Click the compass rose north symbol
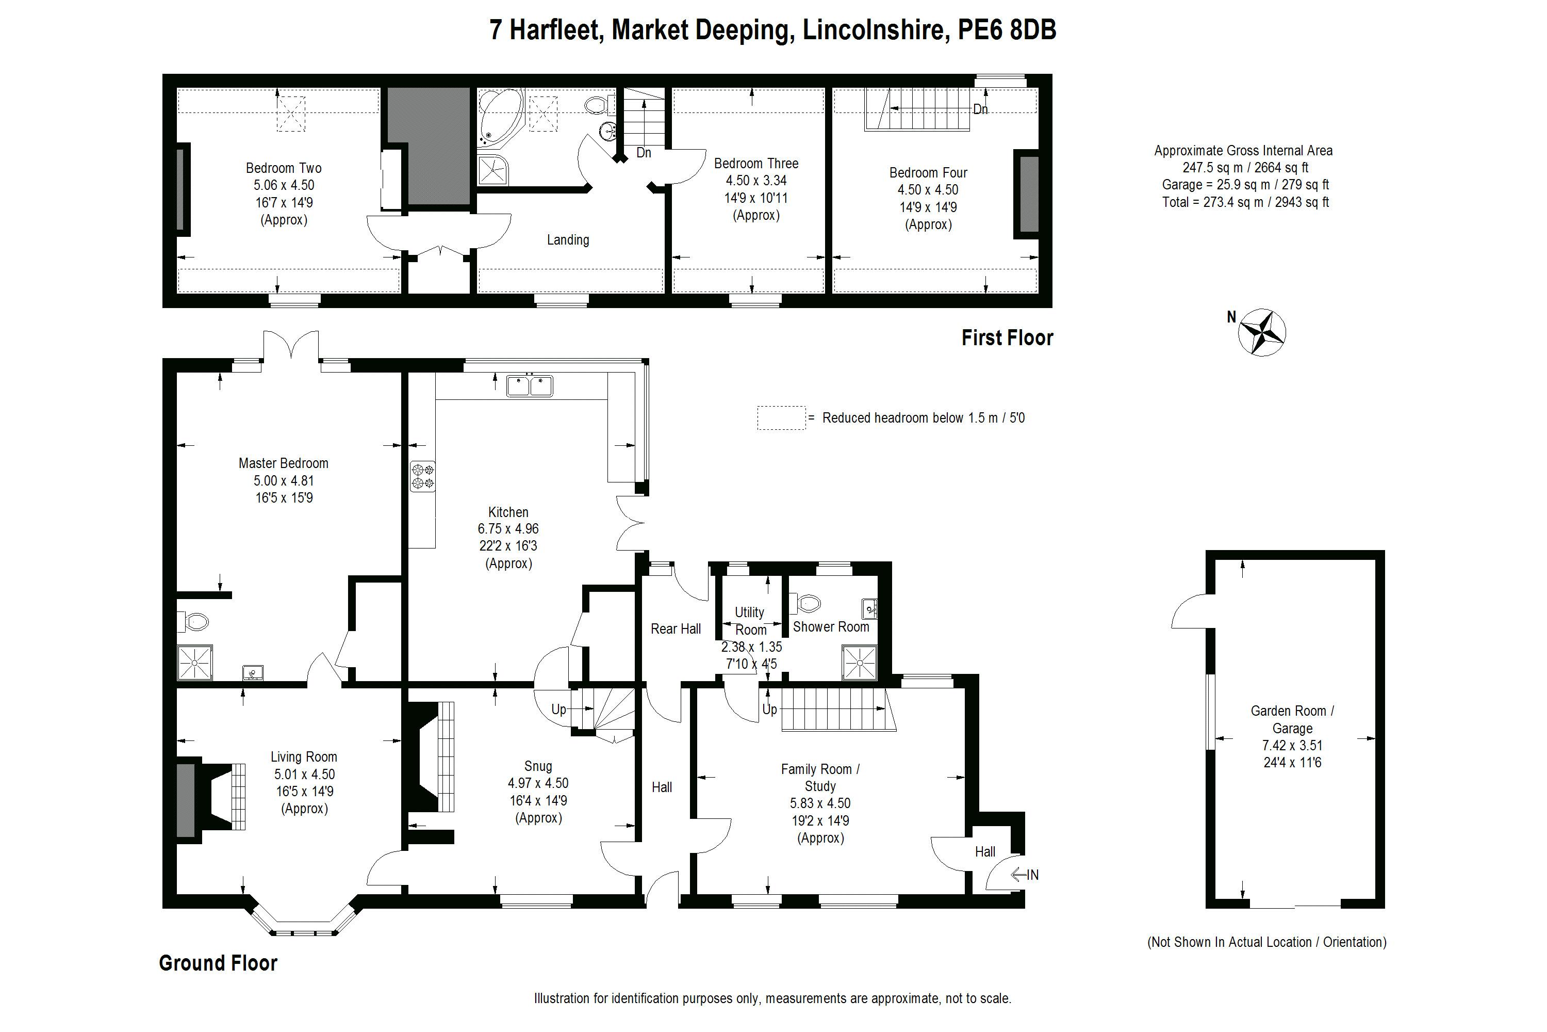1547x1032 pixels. coord(1261,332)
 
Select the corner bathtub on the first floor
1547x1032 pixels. coord(501,117)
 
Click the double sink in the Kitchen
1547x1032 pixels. coord(530,385)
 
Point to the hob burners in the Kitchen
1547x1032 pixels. coord(423,476)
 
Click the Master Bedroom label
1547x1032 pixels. coord(284,463)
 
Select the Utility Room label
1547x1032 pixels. coord(750,621)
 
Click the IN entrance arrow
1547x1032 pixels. coord(1024,875)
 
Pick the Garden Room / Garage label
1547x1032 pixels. coord(1292,719)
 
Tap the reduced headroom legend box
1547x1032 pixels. coord(781,418)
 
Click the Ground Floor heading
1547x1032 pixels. coord(218,963)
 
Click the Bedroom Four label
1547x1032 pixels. coord(928,173)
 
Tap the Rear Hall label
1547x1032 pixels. coord(676,629)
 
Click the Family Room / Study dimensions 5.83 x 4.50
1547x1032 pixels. coord(820,803)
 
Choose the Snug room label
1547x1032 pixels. coord(538,767)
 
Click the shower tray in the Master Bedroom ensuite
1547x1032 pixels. coord(195,662)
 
